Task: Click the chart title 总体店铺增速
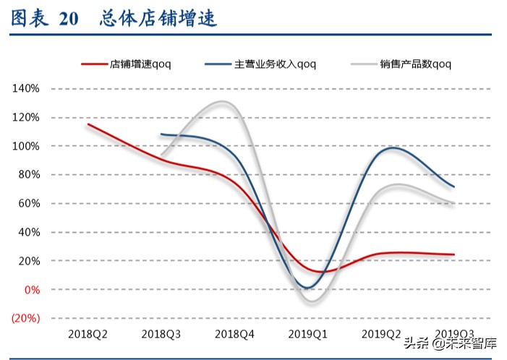click(x=158, y=20)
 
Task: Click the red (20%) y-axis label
click(x=25, y=318)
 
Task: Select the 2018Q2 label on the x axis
click(x=88, y=334)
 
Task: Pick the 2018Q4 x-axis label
click(x=234, y=334)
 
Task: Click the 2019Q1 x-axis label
click(x=308, y=334)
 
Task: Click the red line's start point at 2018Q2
click(x=88, y=124)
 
